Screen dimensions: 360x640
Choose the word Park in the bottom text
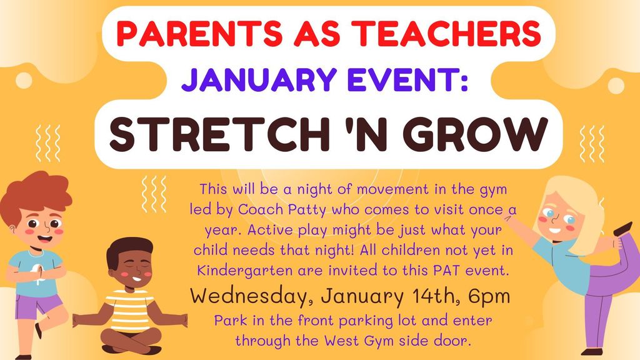coord(229,321)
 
